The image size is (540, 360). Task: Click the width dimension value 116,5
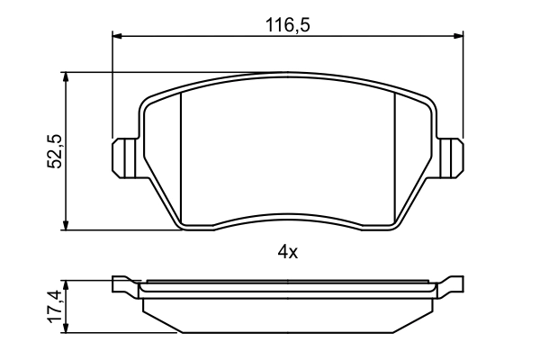[x=287, y=26]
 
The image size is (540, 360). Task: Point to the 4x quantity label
[x=287, y=253]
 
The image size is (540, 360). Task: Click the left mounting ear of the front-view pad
[x=123, y=157]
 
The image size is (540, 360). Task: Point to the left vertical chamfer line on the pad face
[x=182, y=157]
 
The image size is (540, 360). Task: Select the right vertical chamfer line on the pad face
[x=397, y=157]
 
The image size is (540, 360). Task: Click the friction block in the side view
[x=288, y=315]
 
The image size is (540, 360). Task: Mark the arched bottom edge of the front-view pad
[x=288, y=216]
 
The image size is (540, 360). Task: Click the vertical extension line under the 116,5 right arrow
[x=463, y=90]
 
